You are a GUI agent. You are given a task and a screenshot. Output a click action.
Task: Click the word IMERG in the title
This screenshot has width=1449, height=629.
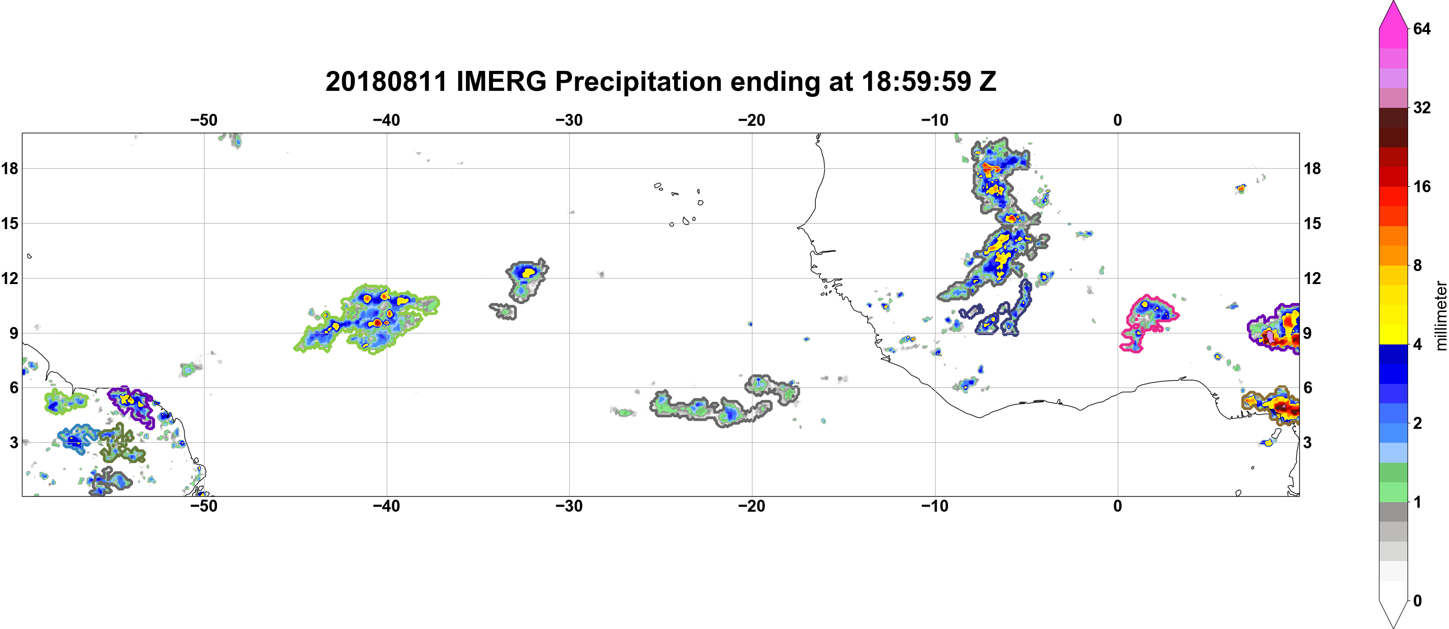[x=500, y=81]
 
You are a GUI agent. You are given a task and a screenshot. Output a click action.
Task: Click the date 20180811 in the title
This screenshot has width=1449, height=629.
[x=386, y=81]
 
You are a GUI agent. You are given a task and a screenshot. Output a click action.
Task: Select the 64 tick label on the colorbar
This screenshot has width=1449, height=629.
[x=1422, y=28]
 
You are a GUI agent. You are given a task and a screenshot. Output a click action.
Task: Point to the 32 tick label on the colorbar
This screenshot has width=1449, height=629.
[x=1422, y=107]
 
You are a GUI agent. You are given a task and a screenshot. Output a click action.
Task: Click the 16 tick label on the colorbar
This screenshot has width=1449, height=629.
[x=1422, y=187]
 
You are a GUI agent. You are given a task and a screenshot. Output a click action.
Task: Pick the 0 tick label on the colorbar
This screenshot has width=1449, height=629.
[x=1418, y=601]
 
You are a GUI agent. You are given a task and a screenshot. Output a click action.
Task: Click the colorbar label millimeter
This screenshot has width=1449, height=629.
[x=1441, y=315]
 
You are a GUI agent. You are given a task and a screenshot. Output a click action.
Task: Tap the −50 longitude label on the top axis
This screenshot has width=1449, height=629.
[x=204, y=120]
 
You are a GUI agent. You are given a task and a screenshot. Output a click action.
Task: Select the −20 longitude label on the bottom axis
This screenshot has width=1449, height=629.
[x=752, y=506]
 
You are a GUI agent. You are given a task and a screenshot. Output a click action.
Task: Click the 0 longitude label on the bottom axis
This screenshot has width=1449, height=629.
[x=1118, y=506]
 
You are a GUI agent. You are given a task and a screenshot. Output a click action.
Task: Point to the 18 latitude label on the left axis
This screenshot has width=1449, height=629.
[x=10, y=168]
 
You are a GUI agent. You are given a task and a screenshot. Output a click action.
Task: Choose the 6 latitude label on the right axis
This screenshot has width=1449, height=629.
[x=1308, y=388]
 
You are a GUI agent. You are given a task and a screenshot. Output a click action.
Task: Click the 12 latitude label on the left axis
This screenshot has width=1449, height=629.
[x=10, y=278]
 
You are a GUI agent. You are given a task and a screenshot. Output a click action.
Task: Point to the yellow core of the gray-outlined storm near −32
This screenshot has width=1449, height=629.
[x=529, y=273]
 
